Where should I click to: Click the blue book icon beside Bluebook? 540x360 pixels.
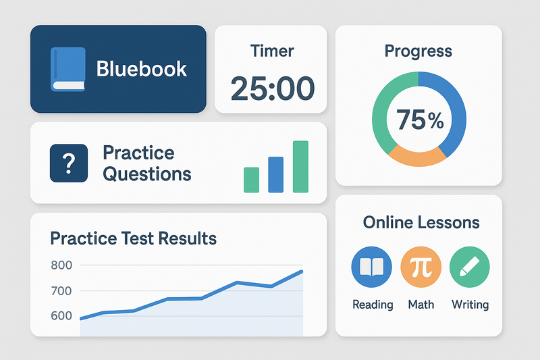[68, 70]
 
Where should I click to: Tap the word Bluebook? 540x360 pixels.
[142, 69]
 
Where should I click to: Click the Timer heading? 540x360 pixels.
[272, 51]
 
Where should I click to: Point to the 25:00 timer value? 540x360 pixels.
[273, 88]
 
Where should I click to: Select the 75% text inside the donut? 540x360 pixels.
[420, 120]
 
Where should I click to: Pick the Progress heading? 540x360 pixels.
[418, 51]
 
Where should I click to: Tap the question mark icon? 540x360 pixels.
[69, 163]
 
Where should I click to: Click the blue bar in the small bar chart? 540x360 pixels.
[276, 175]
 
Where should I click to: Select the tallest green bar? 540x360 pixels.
[300, 167]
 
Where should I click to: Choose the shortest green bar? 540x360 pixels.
[251, 180]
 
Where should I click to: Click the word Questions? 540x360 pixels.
[147, 174]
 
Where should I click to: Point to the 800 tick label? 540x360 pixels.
[61, 265]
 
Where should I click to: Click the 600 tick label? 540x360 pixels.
[61, 315]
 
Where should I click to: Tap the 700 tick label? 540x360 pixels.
[61, 290]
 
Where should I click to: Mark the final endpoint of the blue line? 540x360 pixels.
[302, 272]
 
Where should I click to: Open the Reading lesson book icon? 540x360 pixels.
[372, 267]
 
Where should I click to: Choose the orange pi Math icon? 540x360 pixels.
[421, 267]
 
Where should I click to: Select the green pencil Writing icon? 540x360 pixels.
[470, 267]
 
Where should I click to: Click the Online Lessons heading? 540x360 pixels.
[421, 222]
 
